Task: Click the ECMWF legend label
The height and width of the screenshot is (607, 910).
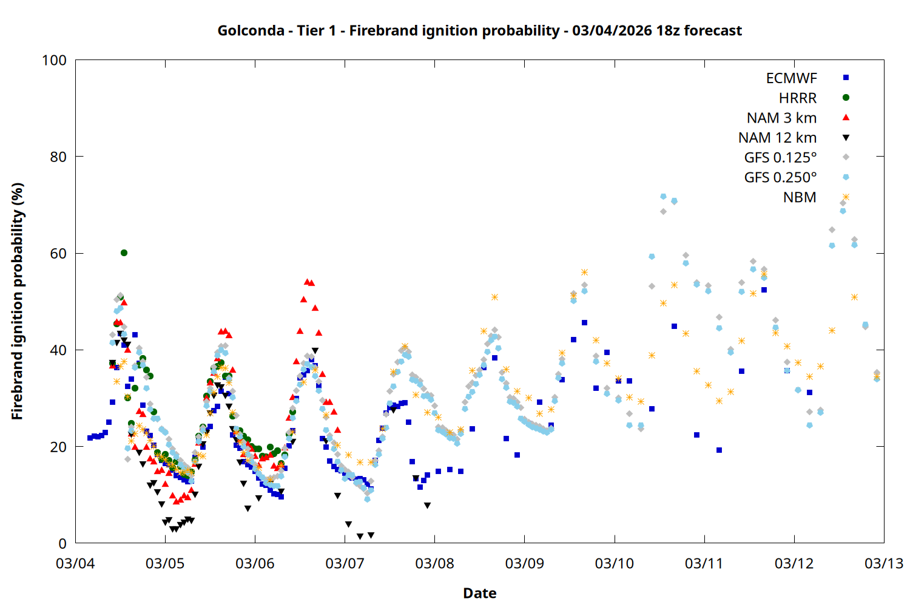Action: (791, 78)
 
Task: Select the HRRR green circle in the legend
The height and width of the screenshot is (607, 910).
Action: (846, 98)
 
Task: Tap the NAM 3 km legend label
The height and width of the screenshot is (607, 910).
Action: (781, 118)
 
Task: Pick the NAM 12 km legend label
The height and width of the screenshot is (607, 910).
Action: (777, 138)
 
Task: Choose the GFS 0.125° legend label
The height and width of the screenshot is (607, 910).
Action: (780, 158)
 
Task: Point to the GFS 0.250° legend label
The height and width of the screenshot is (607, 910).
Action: (780, 178)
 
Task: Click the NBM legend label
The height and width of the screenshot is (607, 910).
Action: (800, 197)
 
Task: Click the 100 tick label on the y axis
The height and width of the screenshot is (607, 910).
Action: (54, 60)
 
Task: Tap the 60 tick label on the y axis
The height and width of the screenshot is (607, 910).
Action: (58, 254)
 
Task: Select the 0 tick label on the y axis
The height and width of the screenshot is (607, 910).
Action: (62, 544)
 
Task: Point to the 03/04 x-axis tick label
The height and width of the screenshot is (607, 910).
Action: (75, 563)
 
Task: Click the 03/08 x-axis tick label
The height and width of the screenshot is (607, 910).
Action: (434, 563)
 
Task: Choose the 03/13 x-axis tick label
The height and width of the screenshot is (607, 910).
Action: (883, 563)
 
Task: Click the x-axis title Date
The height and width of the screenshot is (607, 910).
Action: (479, 593)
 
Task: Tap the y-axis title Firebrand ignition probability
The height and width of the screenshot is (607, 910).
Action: (18, 301)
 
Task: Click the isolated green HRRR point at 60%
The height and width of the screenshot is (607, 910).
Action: (124, 253)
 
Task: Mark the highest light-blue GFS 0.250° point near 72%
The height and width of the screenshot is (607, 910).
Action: (663, 197)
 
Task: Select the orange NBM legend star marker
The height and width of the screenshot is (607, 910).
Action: (846, 197)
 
